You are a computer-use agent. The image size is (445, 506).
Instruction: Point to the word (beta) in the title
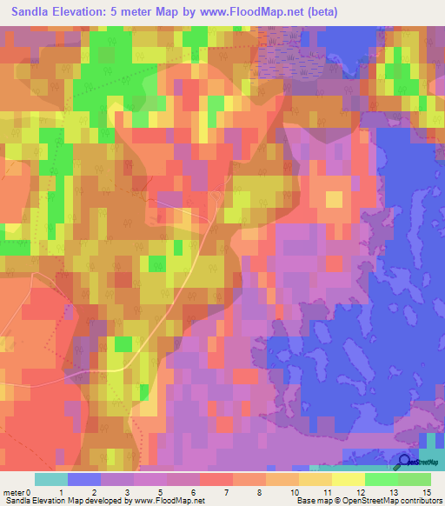click(x=316, y=12)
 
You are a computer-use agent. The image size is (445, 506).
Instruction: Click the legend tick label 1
click(x=61, y=492)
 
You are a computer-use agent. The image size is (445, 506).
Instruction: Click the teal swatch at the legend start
click(x=51, y=479)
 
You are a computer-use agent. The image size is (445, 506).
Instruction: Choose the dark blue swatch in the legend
click(x=84, y=479)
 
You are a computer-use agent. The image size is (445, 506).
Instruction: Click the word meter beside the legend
click(x=14, y=492)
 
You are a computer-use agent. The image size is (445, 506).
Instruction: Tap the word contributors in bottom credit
click(x=419, y=501)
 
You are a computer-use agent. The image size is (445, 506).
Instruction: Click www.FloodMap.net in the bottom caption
click(x=169, y=501)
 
